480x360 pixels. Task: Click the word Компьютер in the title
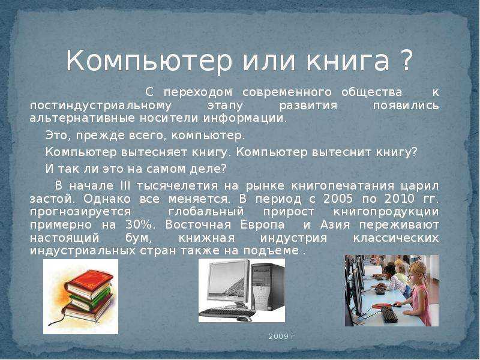[149, 60]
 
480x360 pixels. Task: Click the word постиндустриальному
[101, 106]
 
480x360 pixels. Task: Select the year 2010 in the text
[399, 199]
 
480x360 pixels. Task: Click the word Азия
[335, 224]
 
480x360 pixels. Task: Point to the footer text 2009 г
[281, 337]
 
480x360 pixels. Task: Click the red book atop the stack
[89, 281]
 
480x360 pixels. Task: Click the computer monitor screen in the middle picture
[229, 280]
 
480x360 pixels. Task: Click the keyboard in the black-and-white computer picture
[227, 313]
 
